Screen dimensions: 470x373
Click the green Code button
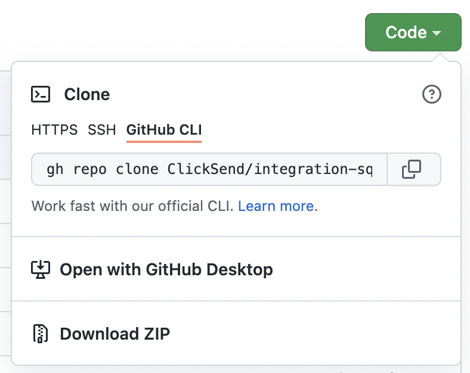(413, 32)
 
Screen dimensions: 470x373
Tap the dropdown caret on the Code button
(437, 33)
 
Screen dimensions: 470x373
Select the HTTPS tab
(54, 130)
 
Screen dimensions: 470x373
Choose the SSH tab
(101, 130)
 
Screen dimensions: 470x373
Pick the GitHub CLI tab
(164, 130)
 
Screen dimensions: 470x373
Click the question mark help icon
(432, 94)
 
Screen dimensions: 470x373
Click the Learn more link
(276, 206)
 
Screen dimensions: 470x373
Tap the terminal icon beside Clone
(41, 94)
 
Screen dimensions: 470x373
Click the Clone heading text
(87, 94)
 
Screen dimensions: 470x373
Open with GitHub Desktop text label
(166, 269)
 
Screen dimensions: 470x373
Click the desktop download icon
(41, 269)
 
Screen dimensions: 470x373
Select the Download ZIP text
(115, 334)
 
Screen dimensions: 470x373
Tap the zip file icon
(41, 334)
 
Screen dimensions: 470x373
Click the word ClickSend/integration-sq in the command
(270, 169)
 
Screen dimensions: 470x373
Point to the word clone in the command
(137, 169)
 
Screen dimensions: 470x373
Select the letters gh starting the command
(55, 170)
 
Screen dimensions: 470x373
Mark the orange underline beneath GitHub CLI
(164, 141)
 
